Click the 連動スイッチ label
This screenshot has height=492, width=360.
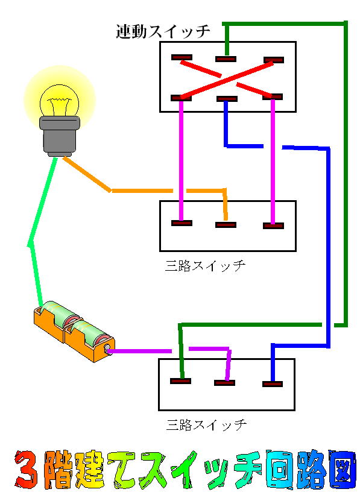163,31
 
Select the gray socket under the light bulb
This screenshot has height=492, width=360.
60,136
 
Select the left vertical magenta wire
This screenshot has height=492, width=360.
181,160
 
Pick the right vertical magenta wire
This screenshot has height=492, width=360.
273,162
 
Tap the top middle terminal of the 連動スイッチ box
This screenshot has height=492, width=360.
226,59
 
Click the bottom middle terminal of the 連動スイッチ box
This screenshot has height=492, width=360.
227,99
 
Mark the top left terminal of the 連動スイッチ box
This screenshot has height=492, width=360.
182,57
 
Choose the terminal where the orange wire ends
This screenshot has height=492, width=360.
226,225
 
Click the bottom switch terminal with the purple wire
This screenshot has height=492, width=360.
225,383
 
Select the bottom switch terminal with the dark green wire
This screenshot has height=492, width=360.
180,381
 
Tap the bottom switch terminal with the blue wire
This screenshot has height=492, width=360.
273,383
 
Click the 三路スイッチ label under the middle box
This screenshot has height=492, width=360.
204,266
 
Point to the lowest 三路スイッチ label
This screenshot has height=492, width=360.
206,425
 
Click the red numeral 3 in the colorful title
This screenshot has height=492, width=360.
27,470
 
